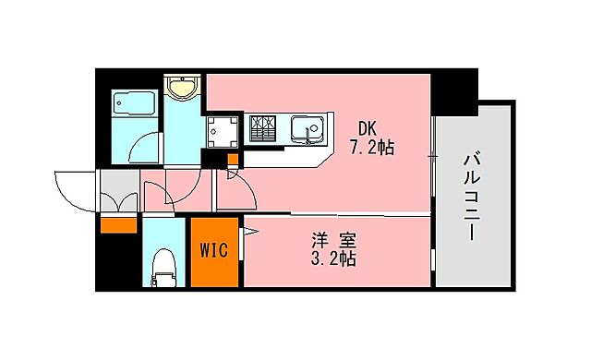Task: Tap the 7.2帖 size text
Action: pos(371,147)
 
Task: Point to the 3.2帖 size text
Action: pos(333,259)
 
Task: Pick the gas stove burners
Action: pos(262,128)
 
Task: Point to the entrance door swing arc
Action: pos(74,189)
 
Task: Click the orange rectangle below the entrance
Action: pos(118,224)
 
